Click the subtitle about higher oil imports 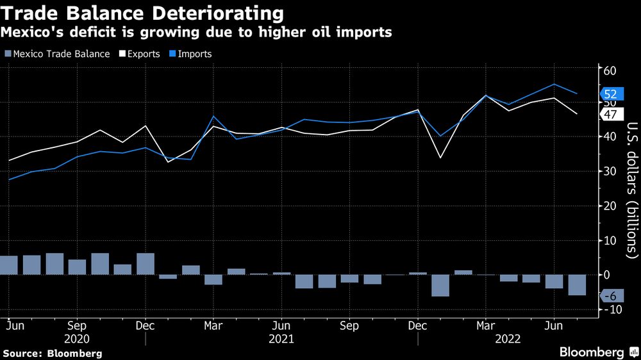(x=197, y=32)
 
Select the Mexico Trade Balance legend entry (x=57, y=54)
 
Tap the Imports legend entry (x=190, y=54)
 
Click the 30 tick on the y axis (x=610, y=171)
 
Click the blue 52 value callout (x=610, y=94)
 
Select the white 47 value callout (x=610, y=114)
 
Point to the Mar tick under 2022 (x=486, y=324)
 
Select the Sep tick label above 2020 (x=77, y=324)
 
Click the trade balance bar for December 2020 (x=146, y=264)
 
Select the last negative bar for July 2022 (x=578, y=285)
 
